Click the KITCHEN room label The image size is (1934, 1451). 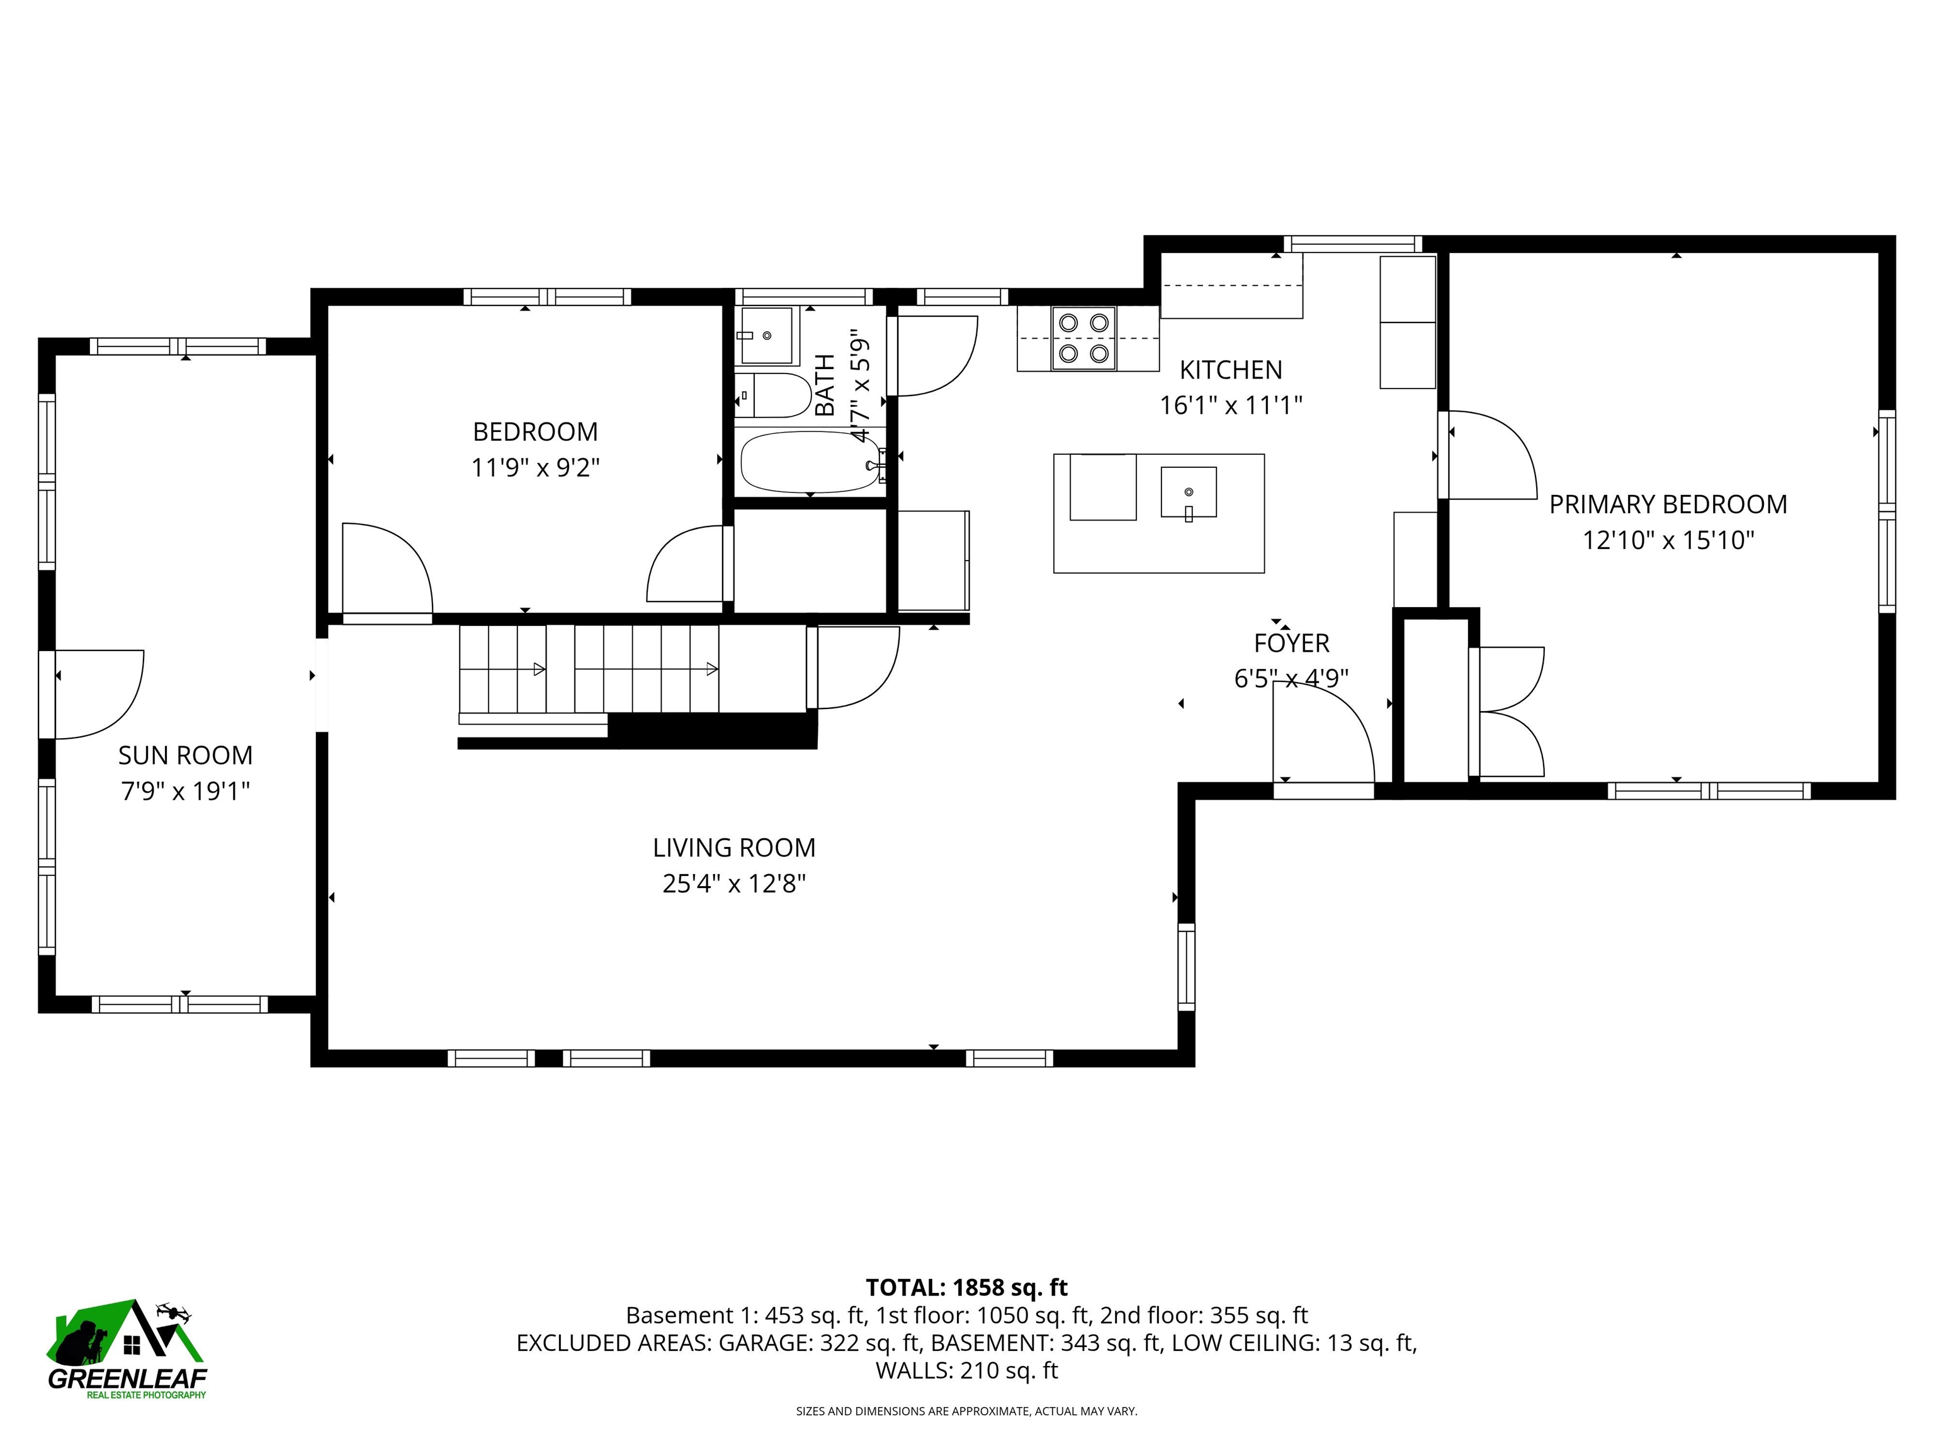1230,370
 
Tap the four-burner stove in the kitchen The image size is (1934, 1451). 1084,338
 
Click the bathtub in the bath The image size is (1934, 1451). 810,462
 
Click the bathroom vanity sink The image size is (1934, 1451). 767,335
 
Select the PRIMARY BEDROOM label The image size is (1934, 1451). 1667,504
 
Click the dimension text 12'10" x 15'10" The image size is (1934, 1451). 1667,540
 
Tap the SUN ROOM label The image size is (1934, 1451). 185,755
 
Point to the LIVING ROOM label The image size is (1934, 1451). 733,848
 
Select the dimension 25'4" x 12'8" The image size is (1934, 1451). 733,884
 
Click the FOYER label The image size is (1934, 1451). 1291,643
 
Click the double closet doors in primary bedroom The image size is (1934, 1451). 1509,712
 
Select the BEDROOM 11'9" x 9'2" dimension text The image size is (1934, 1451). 535,468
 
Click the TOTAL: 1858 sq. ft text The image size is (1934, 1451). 966,1287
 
